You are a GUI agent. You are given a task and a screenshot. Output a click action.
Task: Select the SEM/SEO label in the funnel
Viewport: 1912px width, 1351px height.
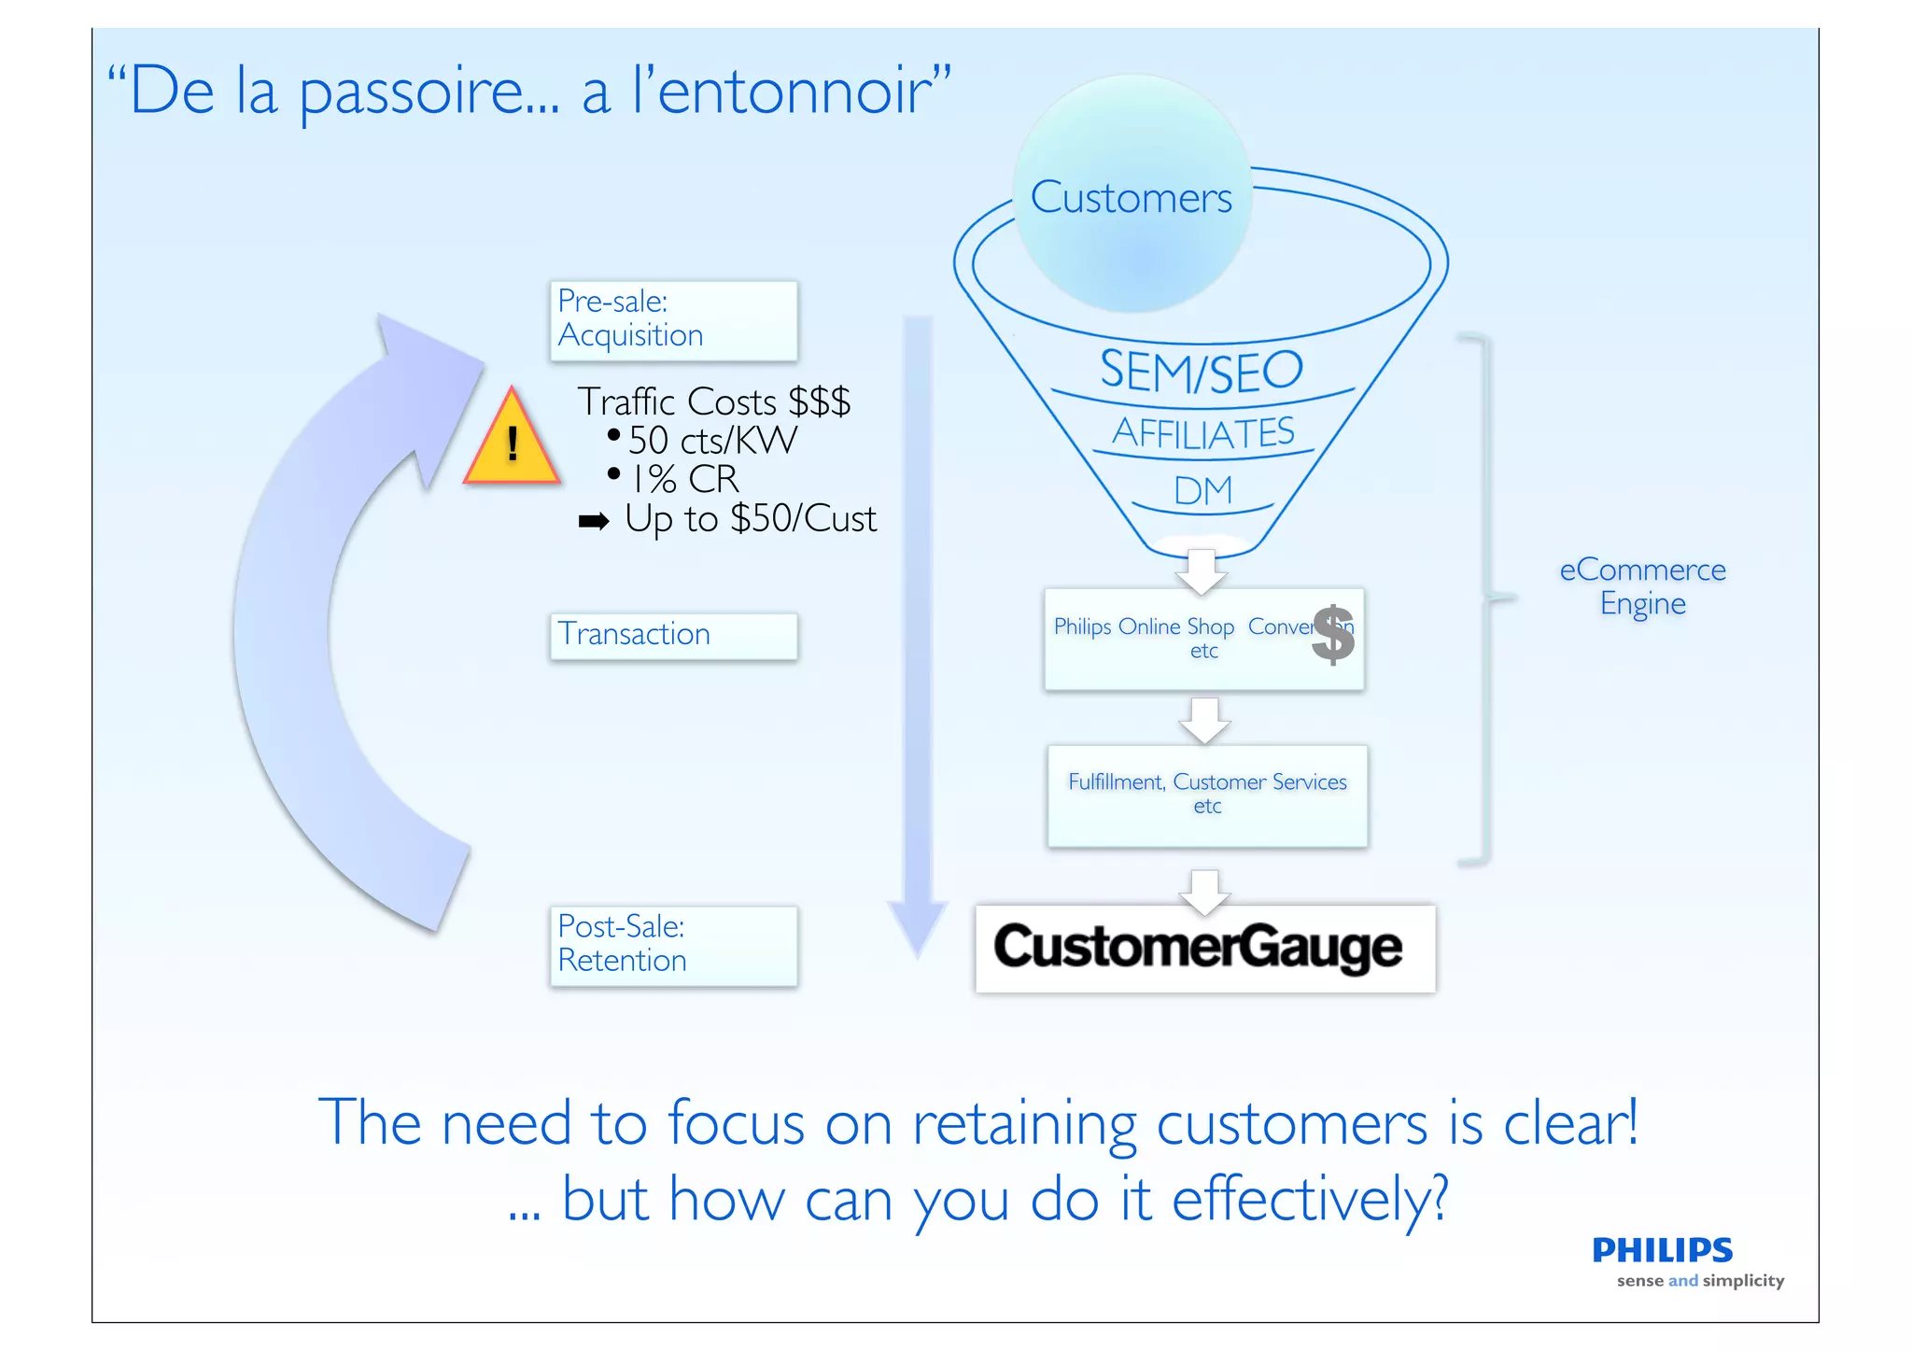pyautogui.click(x=1201, y=370)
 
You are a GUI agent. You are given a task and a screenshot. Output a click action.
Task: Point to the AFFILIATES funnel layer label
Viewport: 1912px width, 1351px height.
pyautogui.click(x=1203, y=432)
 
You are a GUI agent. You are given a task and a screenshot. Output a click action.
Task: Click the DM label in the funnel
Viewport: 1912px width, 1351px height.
pyautogui.click(x=1202, y=491)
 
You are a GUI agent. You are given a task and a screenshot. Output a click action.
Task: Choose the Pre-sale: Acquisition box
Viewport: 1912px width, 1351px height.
pyautogui.click(x=673, y=320)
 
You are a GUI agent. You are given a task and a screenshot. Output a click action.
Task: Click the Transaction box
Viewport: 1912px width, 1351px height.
pyautogui.click(x=673, y=635)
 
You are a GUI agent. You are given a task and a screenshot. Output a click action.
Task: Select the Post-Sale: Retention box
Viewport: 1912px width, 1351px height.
pyautogui.click(x=673, y=945)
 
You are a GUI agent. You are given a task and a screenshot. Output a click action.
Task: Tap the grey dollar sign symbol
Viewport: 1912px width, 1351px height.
pyautogui.click(x=1333, y=634)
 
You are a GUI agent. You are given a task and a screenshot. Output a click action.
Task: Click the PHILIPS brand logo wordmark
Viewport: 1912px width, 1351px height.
pyautogui.click(x=1662, y=1249)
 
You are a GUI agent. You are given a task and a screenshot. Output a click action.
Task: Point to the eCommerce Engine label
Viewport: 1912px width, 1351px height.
pyautogui.click(x=1642, y=586)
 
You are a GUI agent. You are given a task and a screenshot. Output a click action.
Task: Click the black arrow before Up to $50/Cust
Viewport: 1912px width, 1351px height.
pyautogui.click(x=594, y=521)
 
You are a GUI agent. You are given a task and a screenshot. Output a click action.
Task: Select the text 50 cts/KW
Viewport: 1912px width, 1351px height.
pyautogui.click(x=712, y=440)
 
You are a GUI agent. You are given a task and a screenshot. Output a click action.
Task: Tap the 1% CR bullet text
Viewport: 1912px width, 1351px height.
pyautogui.click(x=685, y=479)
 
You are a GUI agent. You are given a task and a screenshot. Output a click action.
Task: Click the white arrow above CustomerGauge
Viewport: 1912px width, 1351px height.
pyautogui.click(x=1205, y=891)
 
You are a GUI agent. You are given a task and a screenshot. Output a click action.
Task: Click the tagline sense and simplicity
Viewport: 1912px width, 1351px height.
pyautogui.click(x=1700, y=1281)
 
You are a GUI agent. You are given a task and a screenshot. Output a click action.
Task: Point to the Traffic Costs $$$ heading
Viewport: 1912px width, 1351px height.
pyautogui.click(x=713, y=401)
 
